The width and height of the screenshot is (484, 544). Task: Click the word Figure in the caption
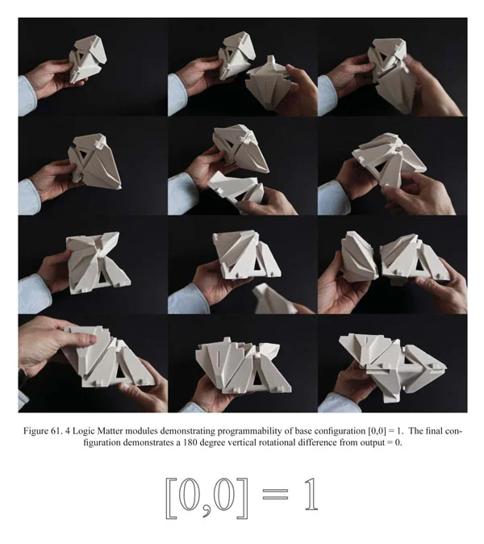(35, 432)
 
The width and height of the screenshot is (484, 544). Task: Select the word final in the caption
(433, 431)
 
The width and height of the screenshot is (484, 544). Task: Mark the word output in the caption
(373, 443)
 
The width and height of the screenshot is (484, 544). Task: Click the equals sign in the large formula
(275, 494)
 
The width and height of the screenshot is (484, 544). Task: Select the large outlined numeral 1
(311, 494)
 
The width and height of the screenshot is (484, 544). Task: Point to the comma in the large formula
(207, 511)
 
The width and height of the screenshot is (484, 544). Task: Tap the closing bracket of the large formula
(243, 498)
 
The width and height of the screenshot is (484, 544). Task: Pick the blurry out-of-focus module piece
(274, 299)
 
